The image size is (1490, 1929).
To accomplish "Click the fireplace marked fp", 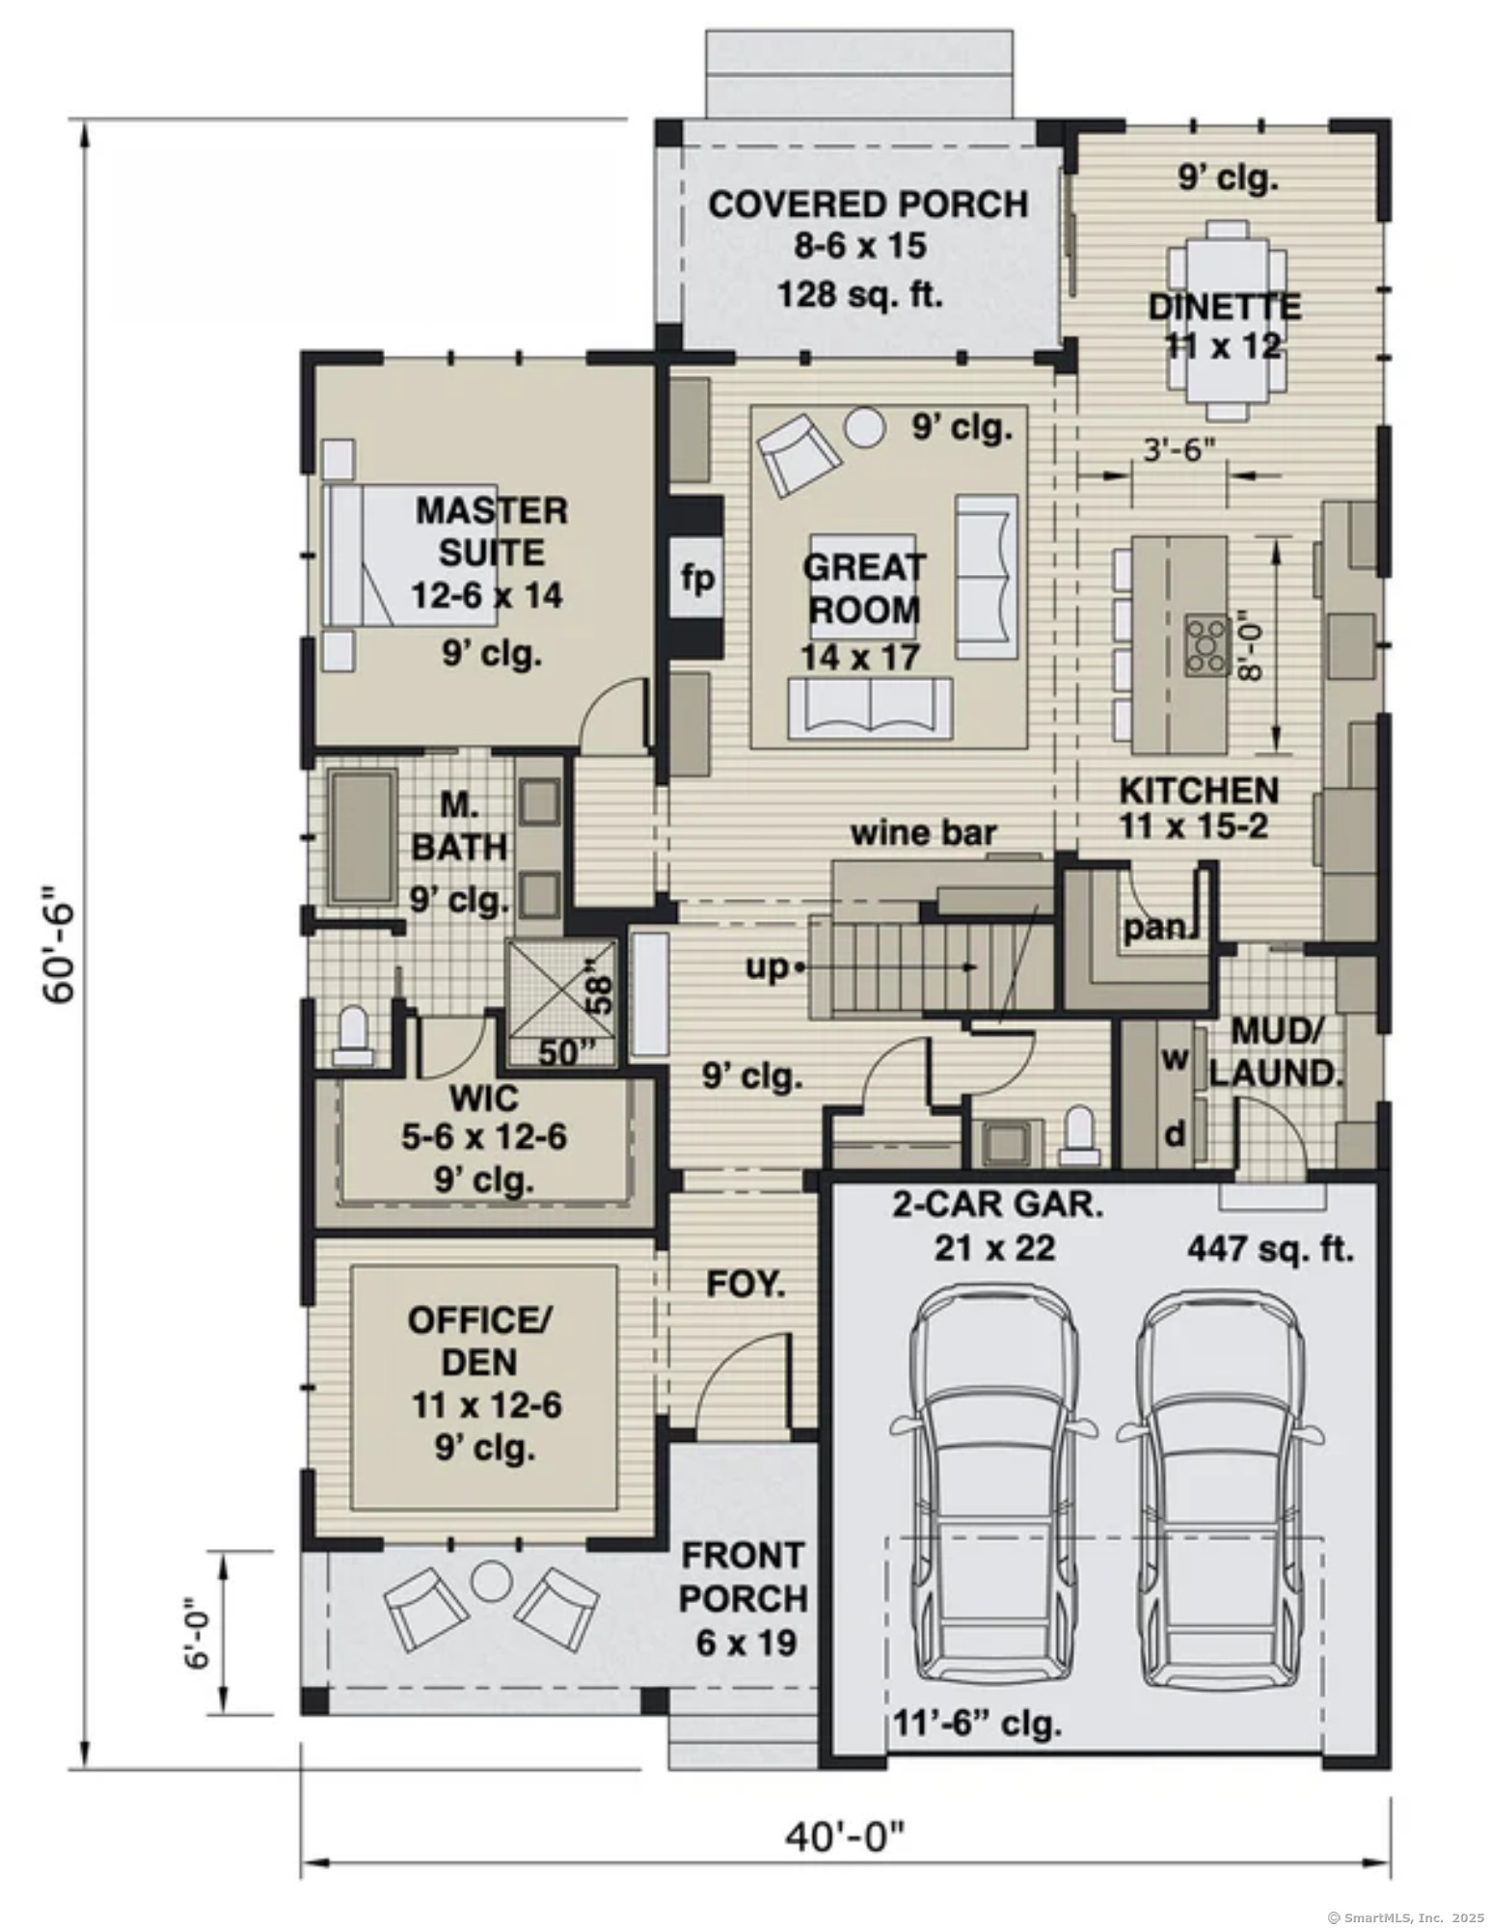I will (697, 579).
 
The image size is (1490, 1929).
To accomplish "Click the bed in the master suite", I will (410, 556).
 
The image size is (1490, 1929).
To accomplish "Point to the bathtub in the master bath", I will (363, 836).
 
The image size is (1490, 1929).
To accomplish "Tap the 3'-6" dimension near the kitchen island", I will (1178, 451).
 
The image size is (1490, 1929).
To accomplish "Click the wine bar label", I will (923, 832).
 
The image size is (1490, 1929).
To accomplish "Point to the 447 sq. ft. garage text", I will (1270, 1249).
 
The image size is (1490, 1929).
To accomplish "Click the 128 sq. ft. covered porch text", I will (859, 293).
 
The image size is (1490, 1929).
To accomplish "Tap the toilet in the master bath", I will (353, 1037).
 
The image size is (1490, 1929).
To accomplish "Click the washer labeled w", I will (1174, 1059).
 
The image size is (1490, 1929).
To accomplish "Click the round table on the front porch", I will (492, 1579).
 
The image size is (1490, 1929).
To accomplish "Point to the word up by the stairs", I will (767, 966).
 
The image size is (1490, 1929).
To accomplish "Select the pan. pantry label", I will (1154, 928).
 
